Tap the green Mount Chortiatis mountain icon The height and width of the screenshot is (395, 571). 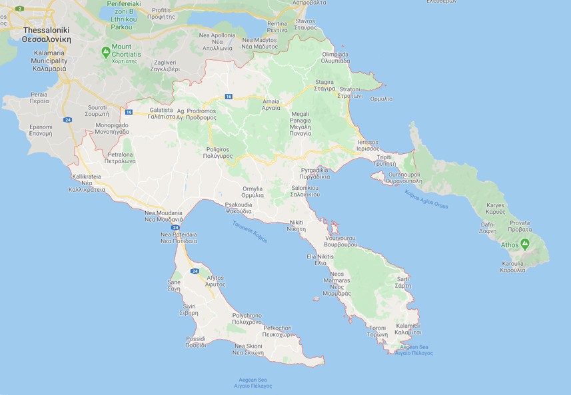tap(106, 51)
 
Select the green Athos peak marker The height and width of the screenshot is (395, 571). tap(525, 244)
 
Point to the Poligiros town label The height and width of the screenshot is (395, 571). tap(218, 152)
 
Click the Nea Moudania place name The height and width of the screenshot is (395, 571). tap(164, 216)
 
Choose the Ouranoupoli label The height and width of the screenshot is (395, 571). tap(402, 177)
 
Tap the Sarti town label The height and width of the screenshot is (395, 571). tap(402, 282)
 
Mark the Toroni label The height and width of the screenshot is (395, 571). tap(378, 331)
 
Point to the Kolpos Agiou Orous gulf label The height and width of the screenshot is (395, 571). tap(426, 199)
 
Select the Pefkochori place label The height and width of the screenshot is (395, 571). tap(278, 331)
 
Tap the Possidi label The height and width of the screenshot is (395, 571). tap(196, 342)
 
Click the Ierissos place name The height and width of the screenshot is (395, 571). tap(368, 145)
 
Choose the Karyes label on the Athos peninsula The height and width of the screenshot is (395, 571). tap(495, 208)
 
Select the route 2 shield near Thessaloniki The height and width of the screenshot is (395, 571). tap(19, 9)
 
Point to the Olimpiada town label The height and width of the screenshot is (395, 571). tap(336, 57)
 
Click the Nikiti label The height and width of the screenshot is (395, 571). tap(296, 225)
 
